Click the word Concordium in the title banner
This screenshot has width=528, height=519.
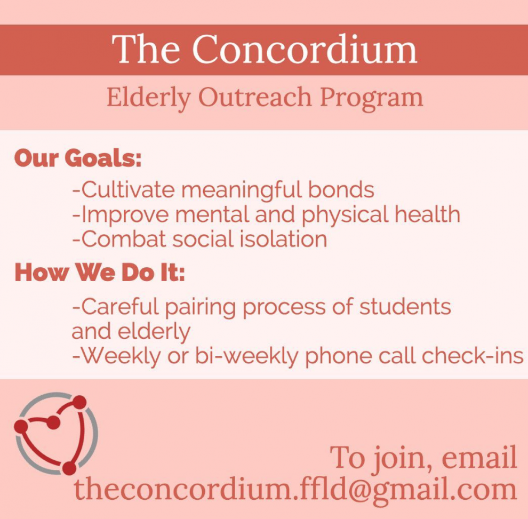[x=305, y=49]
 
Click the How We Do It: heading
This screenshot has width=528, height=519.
[x=100, y=272]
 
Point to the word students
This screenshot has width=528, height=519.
[x=405, y=307]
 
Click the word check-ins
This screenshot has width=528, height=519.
[x=472, y=356]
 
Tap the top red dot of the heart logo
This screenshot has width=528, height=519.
[x=80, y=403]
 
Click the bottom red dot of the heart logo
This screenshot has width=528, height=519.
[x=69, y=468]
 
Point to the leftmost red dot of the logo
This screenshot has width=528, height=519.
[x=21, y=426]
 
